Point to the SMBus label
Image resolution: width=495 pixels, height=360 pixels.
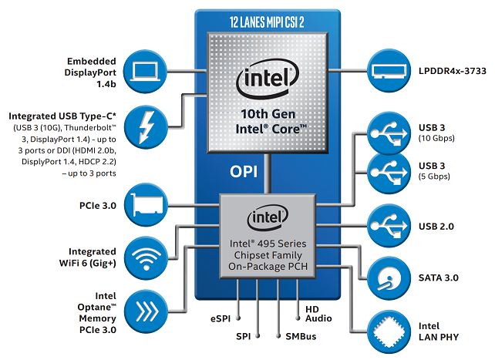300,337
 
